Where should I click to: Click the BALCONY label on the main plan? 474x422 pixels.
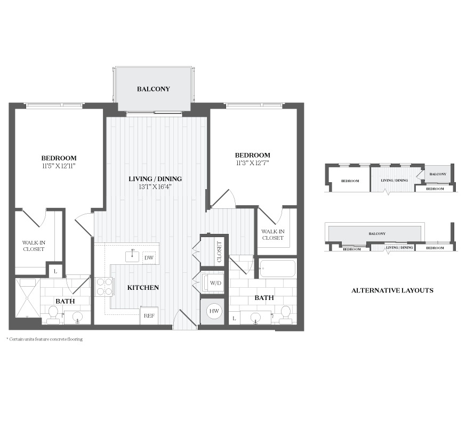pyautogui.click(x=153, y=89)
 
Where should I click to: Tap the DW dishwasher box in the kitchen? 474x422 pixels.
pyautogui.click(x=149, y=258)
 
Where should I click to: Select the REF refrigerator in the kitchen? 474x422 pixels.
pyautogui.click(x=149, y=315)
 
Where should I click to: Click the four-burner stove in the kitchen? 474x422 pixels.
pyautogui.click(x=105, y=286)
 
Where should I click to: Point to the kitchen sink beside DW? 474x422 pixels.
pyautogui.click(x=132, y=256)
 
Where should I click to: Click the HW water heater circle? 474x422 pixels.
pyautogui.click(x=214, y=311)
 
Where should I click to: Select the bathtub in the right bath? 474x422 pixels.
pyautogui.click(x=277, y=268)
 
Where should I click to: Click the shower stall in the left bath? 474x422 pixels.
pyautogui.click(x=28, y=298)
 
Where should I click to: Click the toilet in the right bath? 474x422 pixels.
pyautogui.click(x=285, y=314)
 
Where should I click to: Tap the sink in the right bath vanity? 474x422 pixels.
pyautogui.click(x=256, y=318)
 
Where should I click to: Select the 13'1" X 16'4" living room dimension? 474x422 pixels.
pyautogui.click(x=155, y=186)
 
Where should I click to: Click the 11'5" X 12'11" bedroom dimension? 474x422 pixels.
pyautogui.click(x=59, y=166)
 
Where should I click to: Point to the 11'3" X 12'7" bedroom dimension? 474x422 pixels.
pyautogui.click(x=252, y=163)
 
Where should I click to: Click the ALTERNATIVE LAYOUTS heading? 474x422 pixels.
pyautogui.click(x=392, y=290)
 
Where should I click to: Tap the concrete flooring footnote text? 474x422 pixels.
pyautogui.click(x=44, y=339)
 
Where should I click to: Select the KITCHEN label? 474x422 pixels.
pyautogui.click(x=143, y=288)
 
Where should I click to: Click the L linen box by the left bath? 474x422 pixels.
pyautogui.click(x=55, y=271)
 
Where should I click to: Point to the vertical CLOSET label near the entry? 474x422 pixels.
pyautogui.click(x=219, y=252)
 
